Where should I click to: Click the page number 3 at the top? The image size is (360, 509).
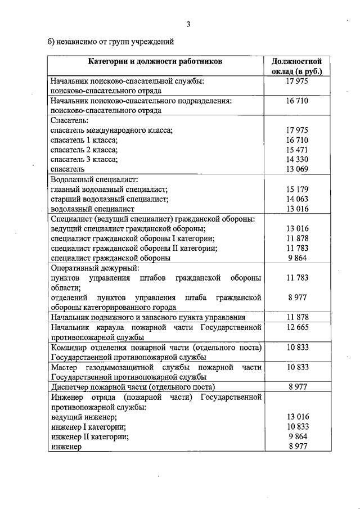(189, 24)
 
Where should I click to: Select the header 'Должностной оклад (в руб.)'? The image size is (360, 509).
(296, 66)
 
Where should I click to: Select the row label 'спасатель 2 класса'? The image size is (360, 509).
(84, 150)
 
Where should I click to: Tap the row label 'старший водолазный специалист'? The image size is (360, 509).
(109, 199)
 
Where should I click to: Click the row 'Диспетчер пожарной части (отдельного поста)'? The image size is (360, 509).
(133, 387)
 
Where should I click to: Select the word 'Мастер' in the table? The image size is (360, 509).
(63, 367)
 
